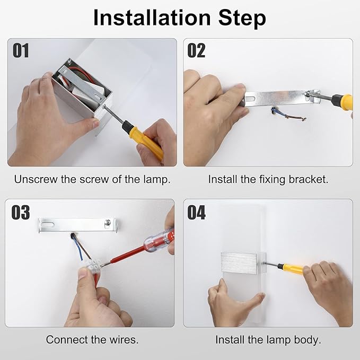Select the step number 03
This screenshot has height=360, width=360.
(x=21, y=212)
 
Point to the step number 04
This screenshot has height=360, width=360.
(x=197, y=212)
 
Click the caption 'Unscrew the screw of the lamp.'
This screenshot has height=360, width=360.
(x=92, y=179)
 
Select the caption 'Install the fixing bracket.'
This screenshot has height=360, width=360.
(x=268, y=179)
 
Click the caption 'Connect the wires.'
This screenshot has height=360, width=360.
(x=92, y=339)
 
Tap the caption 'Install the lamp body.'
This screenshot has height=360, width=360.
(x=268, y=339)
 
